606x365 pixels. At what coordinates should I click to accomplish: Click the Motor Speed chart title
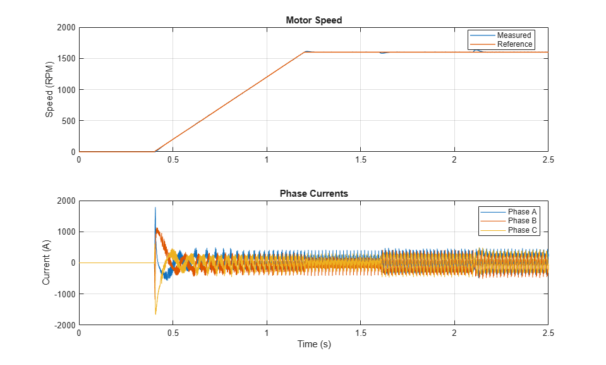tap(313, 20)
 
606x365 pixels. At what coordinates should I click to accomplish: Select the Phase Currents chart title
tap(313, 194)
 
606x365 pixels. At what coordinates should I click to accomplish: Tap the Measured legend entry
tap(514, 35)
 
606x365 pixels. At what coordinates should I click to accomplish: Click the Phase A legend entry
tap(522, 211)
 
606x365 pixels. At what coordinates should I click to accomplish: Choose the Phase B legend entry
tap(522, 221)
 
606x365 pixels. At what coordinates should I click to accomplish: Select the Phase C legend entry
tap(522, 230)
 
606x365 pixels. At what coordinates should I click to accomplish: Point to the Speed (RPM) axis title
tap(49, 90)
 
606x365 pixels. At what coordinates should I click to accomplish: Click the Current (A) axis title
tap(46, 263)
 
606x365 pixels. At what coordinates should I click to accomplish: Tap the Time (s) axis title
tap(314, 345)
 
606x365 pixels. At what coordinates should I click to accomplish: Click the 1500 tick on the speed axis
tap(65, 59)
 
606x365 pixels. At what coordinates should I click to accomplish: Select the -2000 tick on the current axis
tap(64, 325)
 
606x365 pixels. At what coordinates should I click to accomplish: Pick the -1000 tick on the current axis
tap(64, 294)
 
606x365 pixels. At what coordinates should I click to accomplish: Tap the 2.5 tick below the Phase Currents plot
tap(548, 333)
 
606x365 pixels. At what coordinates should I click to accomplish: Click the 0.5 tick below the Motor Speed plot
tap(173, 159)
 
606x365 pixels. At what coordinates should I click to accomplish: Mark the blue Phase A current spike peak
tap(155, 207)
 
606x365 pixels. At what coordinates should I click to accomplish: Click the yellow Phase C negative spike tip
tap(155, 314)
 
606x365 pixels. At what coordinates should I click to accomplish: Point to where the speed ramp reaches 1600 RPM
tap(305, 52)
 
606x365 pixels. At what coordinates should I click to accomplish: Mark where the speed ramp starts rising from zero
tap(155, 152)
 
